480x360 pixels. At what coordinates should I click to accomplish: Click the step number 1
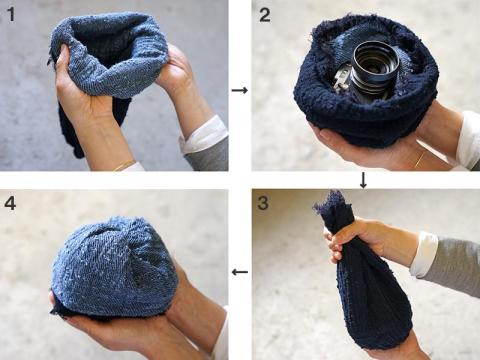pyautogui.click(x=11, y=15)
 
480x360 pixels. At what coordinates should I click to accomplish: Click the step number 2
pyautogui.click(x=265, y=15)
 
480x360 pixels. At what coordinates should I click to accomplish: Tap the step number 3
pyautogui.click(x=263, y=203)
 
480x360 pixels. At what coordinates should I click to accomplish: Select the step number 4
pyautogui.click(x=10, y=203)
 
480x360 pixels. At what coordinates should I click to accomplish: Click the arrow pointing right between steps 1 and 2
pyautogui.click(x=240, y=90)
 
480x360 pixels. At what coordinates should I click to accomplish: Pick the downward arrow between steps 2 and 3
pyautogui.click(x=363, y=180)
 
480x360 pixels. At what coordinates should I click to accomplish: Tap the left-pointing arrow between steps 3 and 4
pyautogui.click(x=240, y=272)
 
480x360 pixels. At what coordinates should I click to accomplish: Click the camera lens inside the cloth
pyautogui.click(x=375, y=67)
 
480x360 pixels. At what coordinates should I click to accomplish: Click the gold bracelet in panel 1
pyautogui.click(x=124, y=165)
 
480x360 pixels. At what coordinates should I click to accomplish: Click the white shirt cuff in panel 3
pyautogui.click(x=423, y=255)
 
